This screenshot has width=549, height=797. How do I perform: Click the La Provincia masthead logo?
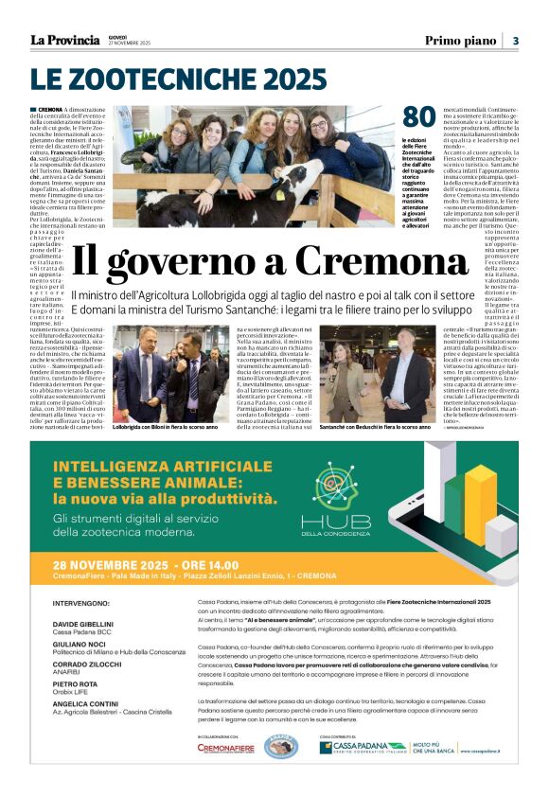(x=64, y=40)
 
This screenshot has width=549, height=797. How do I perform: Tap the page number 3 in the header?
(x=516, y=41)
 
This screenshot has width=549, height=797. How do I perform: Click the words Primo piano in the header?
(x=460, y=41)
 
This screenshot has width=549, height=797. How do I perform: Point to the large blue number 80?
(x=418, y=118)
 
